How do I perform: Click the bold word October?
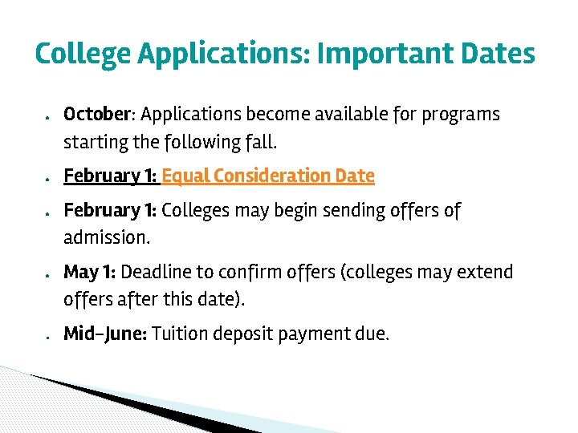[97, 115]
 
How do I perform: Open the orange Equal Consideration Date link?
[268, 176]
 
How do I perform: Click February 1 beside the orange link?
[110, 176]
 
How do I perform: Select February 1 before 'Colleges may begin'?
[110, 210]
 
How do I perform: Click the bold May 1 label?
[89, 272]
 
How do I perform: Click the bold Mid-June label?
[104, 334]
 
